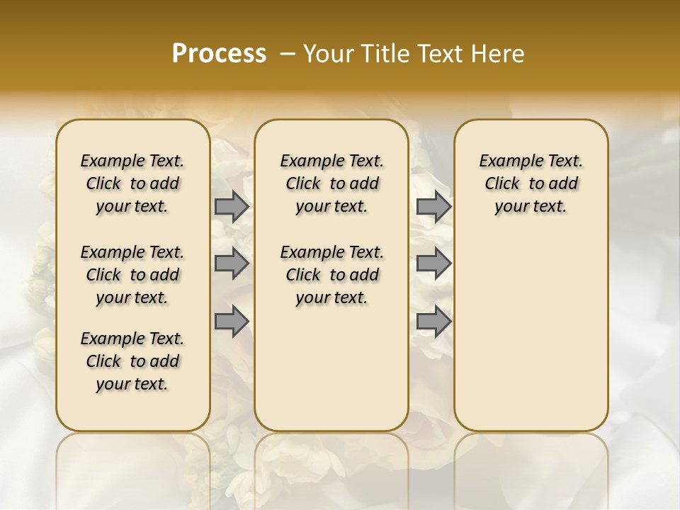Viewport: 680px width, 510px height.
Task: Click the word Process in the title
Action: [x=219, y=54]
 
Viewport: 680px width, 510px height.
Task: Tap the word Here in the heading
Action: [x=498, y=54]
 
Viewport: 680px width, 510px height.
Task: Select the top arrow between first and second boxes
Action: [x=232, y=207]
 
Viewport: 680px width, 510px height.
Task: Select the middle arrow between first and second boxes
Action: [x=232, y=263]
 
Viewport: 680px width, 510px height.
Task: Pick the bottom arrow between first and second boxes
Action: [x=232, y=321]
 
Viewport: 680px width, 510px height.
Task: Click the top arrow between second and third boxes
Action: [x=433, y=207]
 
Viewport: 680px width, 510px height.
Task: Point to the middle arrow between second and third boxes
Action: [x=433, y=263]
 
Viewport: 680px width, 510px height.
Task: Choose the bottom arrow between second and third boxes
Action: [x=433, y=321]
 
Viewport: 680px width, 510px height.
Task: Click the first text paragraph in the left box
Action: [x=132, y=183]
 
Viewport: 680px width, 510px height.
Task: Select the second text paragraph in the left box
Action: [x=132, y=275]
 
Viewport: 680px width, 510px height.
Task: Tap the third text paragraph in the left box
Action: [x=132, y=361]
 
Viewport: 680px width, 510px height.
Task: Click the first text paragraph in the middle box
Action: [x=331, y=183]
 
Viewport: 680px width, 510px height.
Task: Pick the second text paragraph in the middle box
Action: [x=331, y=275]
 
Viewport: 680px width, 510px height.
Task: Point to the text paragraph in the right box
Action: [x=531, y=183]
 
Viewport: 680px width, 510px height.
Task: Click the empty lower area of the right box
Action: [x=531, y=333]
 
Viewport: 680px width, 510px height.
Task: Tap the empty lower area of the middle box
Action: [x=331, y=368]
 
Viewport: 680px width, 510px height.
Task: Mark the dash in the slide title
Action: [x=287, y=54]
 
